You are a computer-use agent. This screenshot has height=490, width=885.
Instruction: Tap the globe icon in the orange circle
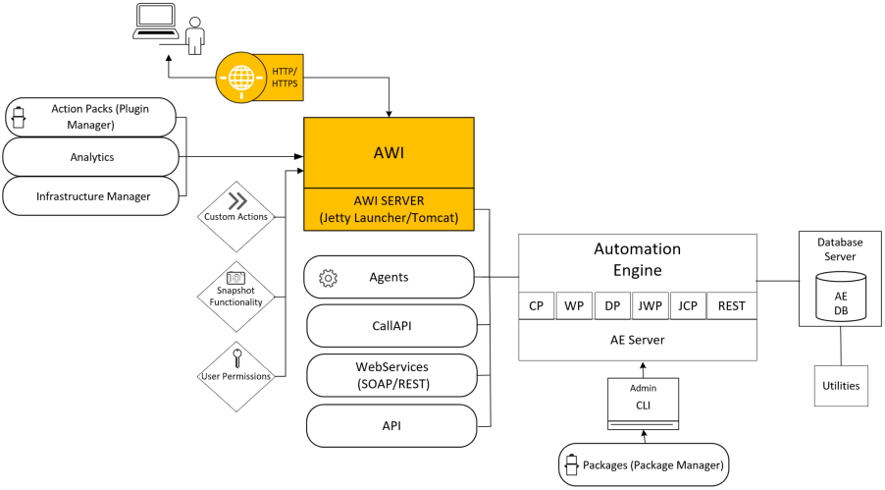click(238, 76)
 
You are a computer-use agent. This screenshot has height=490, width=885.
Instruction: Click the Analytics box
click(91, 157)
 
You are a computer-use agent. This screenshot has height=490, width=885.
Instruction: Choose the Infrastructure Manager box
click(91, 196)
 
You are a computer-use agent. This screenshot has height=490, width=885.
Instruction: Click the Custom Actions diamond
click(235, 209)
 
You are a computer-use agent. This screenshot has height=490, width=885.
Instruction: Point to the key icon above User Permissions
click(235, 354)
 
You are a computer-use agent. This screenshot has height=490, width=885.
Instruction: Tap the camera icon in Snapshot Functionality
click(235, 278)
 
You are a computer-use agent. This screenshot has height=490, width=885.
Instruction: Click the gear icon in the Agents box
click(329, 278)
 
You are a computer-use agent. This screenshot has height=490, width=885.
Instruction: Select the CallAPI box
click(391, 325)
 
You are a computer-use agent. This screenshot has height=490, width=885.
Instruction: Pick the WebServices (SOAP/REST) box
click(391, 375)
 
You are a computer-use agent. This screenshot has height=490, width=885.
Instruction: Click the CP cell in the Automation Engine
click(536, 305)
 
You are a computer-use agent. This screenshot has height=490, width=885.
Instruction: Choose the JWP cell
click(649, 305)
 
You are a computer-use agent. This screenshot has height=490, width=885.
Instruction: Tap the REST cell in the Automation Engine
click(731, 305)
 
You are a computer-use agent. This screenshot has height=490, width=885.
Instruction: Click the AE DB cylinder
click(841, 298)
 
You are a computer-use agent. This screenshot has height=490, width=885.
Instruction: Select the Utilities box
click(841, 386)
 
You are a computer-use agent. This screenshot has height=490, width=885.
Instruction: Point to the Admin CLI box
click(643, 404)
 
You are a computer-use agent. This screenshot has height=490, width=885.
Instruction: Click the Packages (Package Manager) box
click(645, 464)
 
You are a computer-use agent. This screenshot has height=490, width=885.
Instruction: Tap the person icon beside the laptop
click(195, 34)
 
